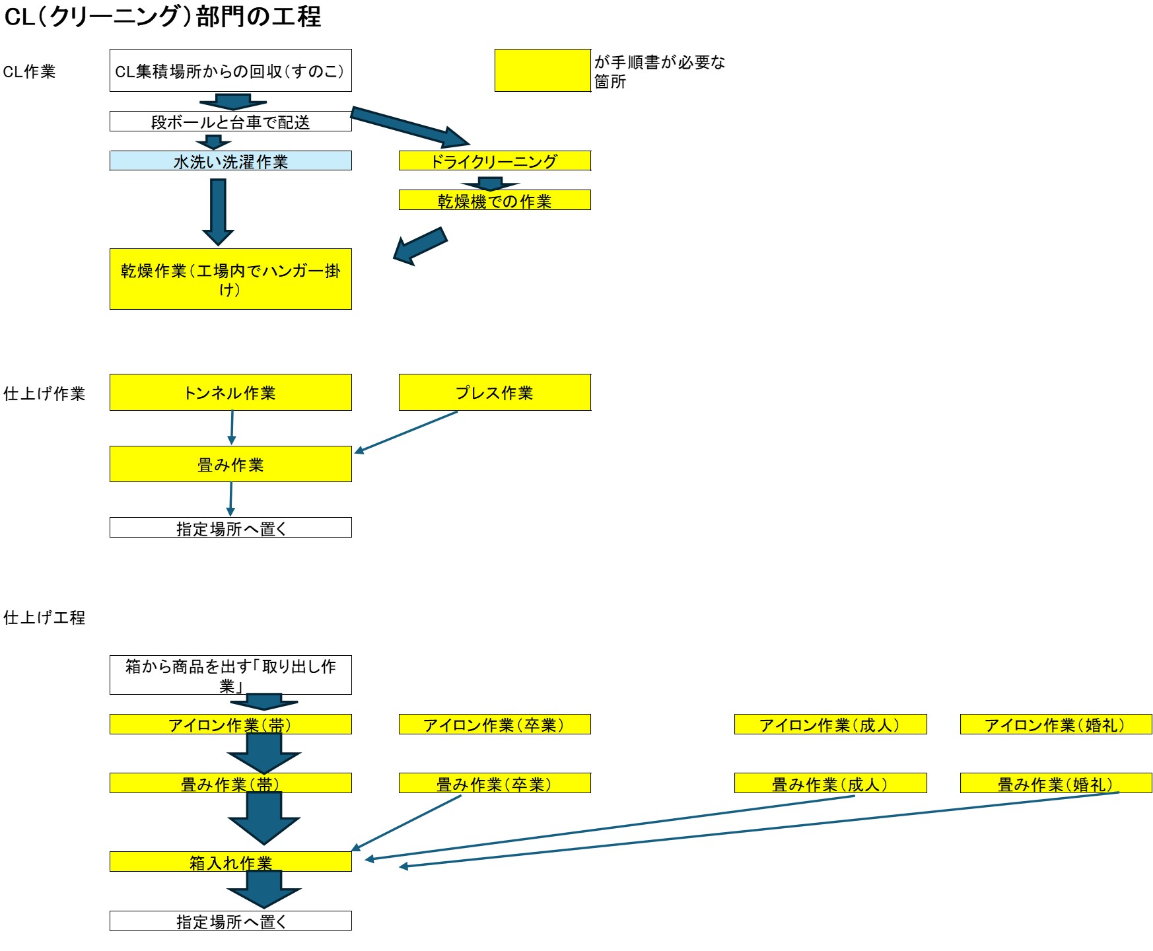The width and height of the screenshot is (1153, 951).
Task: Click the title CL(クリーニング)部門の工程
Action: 162,17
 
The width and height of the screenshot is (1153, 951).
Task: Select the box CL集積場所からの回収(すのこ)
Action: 230,71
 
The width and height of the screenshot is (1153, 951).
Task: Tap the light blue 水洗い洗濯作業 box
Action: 230,160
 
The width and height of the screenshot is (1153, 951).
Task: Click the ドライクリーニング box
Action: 495,160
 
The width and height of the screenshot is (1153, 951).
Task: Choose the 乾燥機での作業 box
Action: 495,200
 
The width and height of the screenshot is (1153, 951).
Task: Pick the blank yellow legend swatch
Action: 542,70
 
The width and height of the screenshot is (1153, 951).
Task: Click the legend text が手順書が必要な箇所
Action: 658,71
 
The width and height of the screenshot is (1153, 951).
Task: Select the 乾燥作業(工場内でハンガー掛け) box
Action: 230,279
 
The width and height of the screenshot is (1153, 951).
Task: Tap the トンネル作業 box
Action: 230,392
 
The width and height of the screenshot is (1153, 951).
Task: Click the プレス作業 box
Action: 495,392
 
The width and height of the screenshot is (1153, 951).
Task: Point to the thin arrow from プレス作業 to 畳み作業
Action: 406,432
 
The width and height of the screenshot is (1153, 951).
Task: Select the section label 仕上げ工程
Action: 44,617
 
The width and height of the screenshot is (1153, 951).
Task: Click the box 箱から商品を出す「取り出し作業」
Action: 230,674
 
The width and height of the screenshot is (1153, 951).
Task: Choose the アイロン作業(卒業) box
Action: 495,724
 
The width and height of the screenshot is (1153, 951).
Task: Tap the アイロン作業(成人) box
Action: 830,724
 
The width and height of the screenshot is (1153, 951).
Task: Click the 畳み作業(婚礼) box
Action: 1055,783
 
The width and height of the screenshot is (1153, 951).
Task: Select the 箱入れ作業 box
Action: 230,862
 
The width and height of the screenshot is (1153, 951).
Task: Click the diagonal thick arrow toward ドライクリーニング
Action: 409,127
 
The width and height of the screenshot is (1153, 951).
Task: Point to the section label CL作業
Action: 30,71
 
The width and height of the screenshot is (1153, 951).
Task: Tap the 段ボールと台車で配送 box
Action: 230,122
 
